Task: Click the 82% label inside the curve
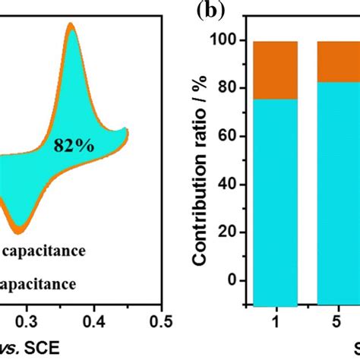coord(74,146)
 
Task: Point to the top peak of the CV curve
coord(71,26)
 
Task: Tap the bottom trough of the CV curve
coord(21,230)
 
